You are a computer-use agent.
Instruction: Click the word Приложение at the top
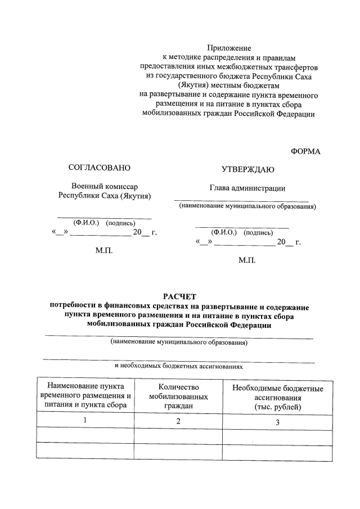[228, 48]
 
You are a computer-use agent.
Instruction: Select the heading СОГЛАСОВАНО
[99, 168]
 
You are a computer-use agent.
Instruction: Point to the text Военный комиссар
[105, 186]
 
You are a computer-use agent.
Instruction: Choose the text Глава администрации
[247, 188]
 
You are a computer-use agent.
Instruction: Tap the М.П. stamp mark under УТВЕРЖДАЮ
[247, 261]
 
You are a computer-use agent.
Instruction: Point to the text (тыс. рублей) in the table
[277, 406]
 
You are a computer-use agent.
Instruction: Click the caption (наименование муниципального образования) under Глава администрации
[247, 206]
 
